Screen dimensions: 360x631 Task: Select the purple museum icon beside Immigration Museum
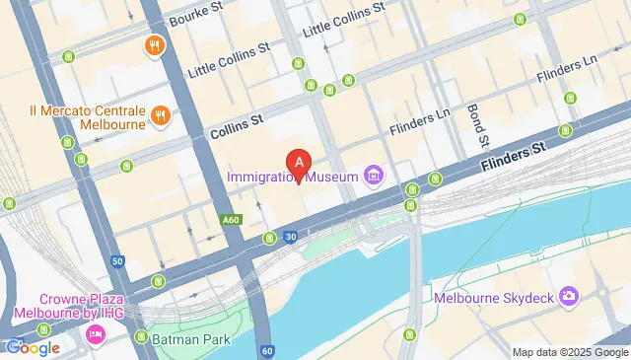pyautogui.click(x=374, y=177)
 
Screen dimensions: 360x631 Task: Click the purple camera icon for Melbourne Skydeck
pyautogui.click(x=568, y=296)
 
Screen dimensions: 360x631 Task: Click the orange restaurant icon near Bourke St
pyautogui.click(x=154, y=45)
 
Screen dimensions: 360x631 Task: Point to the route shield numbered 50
pyautogui.click(x=117, y=261)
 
